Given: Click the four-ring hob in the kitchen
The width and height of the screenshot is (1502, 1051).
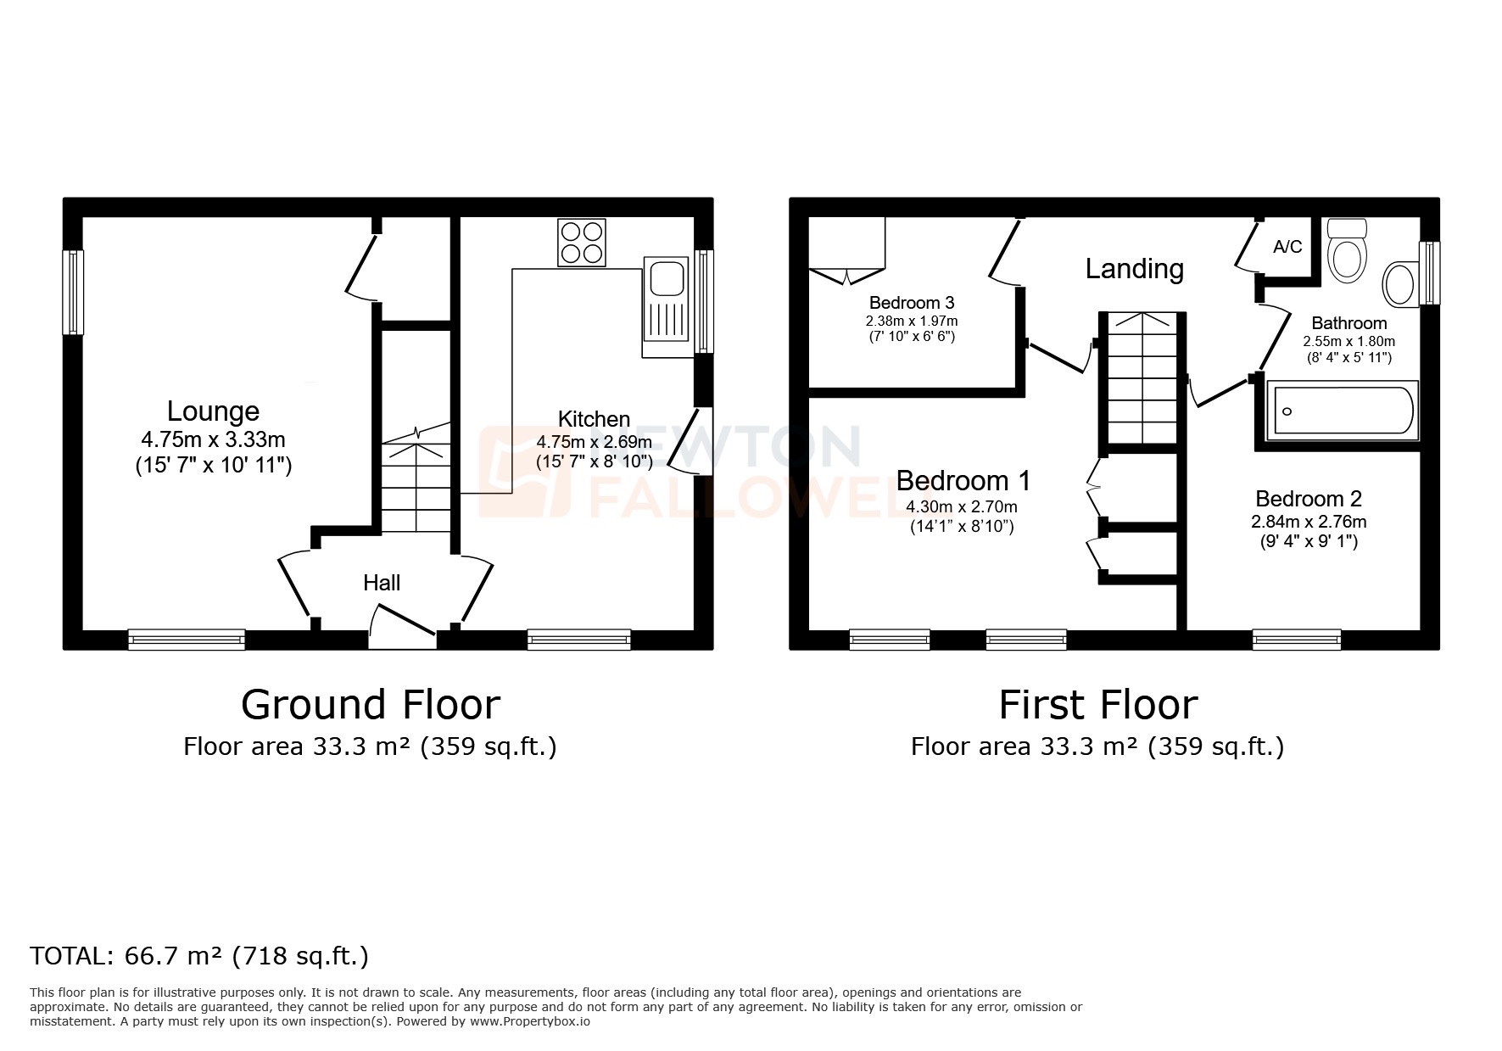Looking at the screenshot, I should point(582,243).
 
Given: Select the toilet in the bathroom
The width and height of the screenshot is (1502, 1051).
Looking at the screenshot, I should point(1347,250).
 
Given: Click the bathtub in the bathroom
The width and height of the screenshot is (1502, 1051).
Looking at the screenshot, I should point(1341,411).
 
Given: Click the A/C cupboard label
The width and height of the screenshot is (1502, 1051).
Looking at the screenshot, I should point(1287,247).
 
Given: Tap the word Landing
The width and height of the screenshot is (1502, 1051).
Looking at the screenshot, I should point(1134,269).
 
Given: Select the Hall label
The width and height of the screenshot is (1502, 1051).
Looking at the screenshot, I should point(382,583).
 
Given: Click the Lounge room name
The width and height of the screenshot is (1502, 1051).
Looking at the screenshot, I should point(213,411).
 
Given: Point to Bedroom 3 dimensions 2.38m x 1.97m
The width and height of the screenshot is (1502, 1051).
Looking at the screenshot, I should point(912,321).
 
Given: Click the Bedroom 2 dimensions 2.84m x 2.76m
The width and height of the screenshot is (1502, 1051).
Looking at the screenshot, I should point(1309,522).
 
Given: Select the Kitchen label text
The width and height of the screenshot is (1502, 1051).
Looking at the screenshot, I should point(594,419).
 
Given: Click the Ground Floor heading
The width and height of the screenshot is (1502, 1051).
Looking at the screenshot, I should point(371,705).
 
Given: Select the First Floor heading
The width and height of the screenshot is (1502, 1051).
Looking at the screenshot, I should point(1097,705).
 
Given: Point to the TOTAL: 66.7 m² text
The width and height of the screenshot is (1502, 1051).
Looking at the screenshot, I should point(199,956).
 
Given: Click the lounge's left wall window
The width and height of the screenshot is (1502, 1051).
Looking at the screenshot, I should point(74,292).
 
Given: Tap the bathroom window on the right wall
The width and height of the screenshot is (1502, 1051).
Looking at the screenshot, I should point(1430,273).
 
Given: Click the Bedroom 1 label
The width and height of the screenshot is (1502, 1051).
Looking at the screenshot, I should point(963,481).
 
